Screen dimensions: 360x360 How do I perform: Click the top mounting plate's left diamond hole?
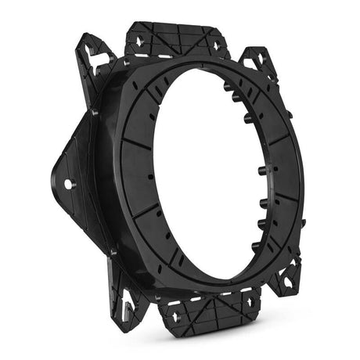pos(139,37)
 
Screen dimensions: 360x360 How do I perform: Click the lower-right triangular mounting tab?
pos(287,275)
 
